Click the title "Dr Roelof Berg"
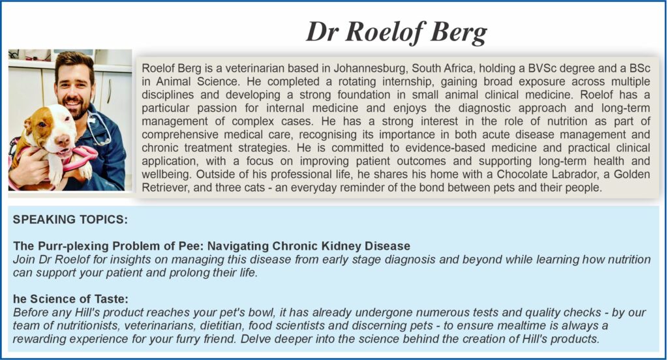(397, 32)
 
